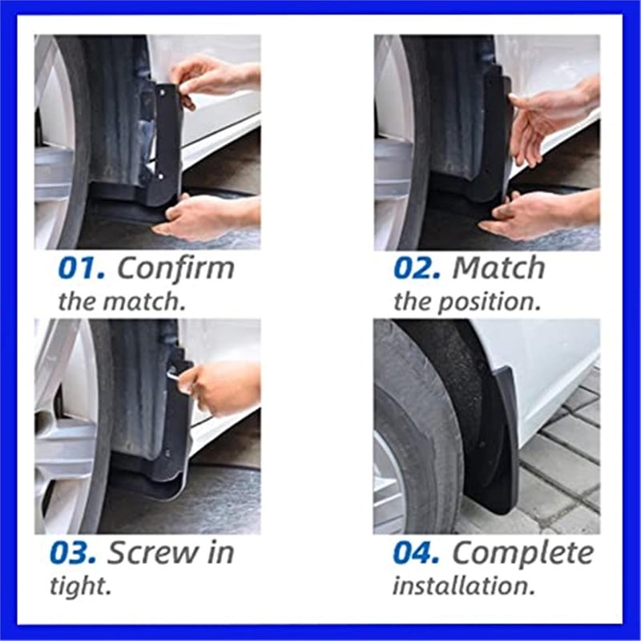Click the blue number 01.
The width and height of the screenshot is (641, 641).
tap(82, 268)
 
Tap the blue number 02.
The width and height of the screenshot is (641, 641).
tap(417, 268)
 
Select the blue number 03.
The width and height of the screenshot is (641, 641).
tap(74, 553)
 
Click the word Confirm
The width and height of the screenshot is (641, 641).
tap(175, 268)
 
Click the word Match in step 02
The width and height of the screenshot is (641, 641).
tap(498, 268)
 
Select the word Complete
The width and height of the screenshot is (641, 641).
tap(523, 553)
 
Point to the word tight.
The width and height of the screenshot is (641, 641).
tap(80, 586)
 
